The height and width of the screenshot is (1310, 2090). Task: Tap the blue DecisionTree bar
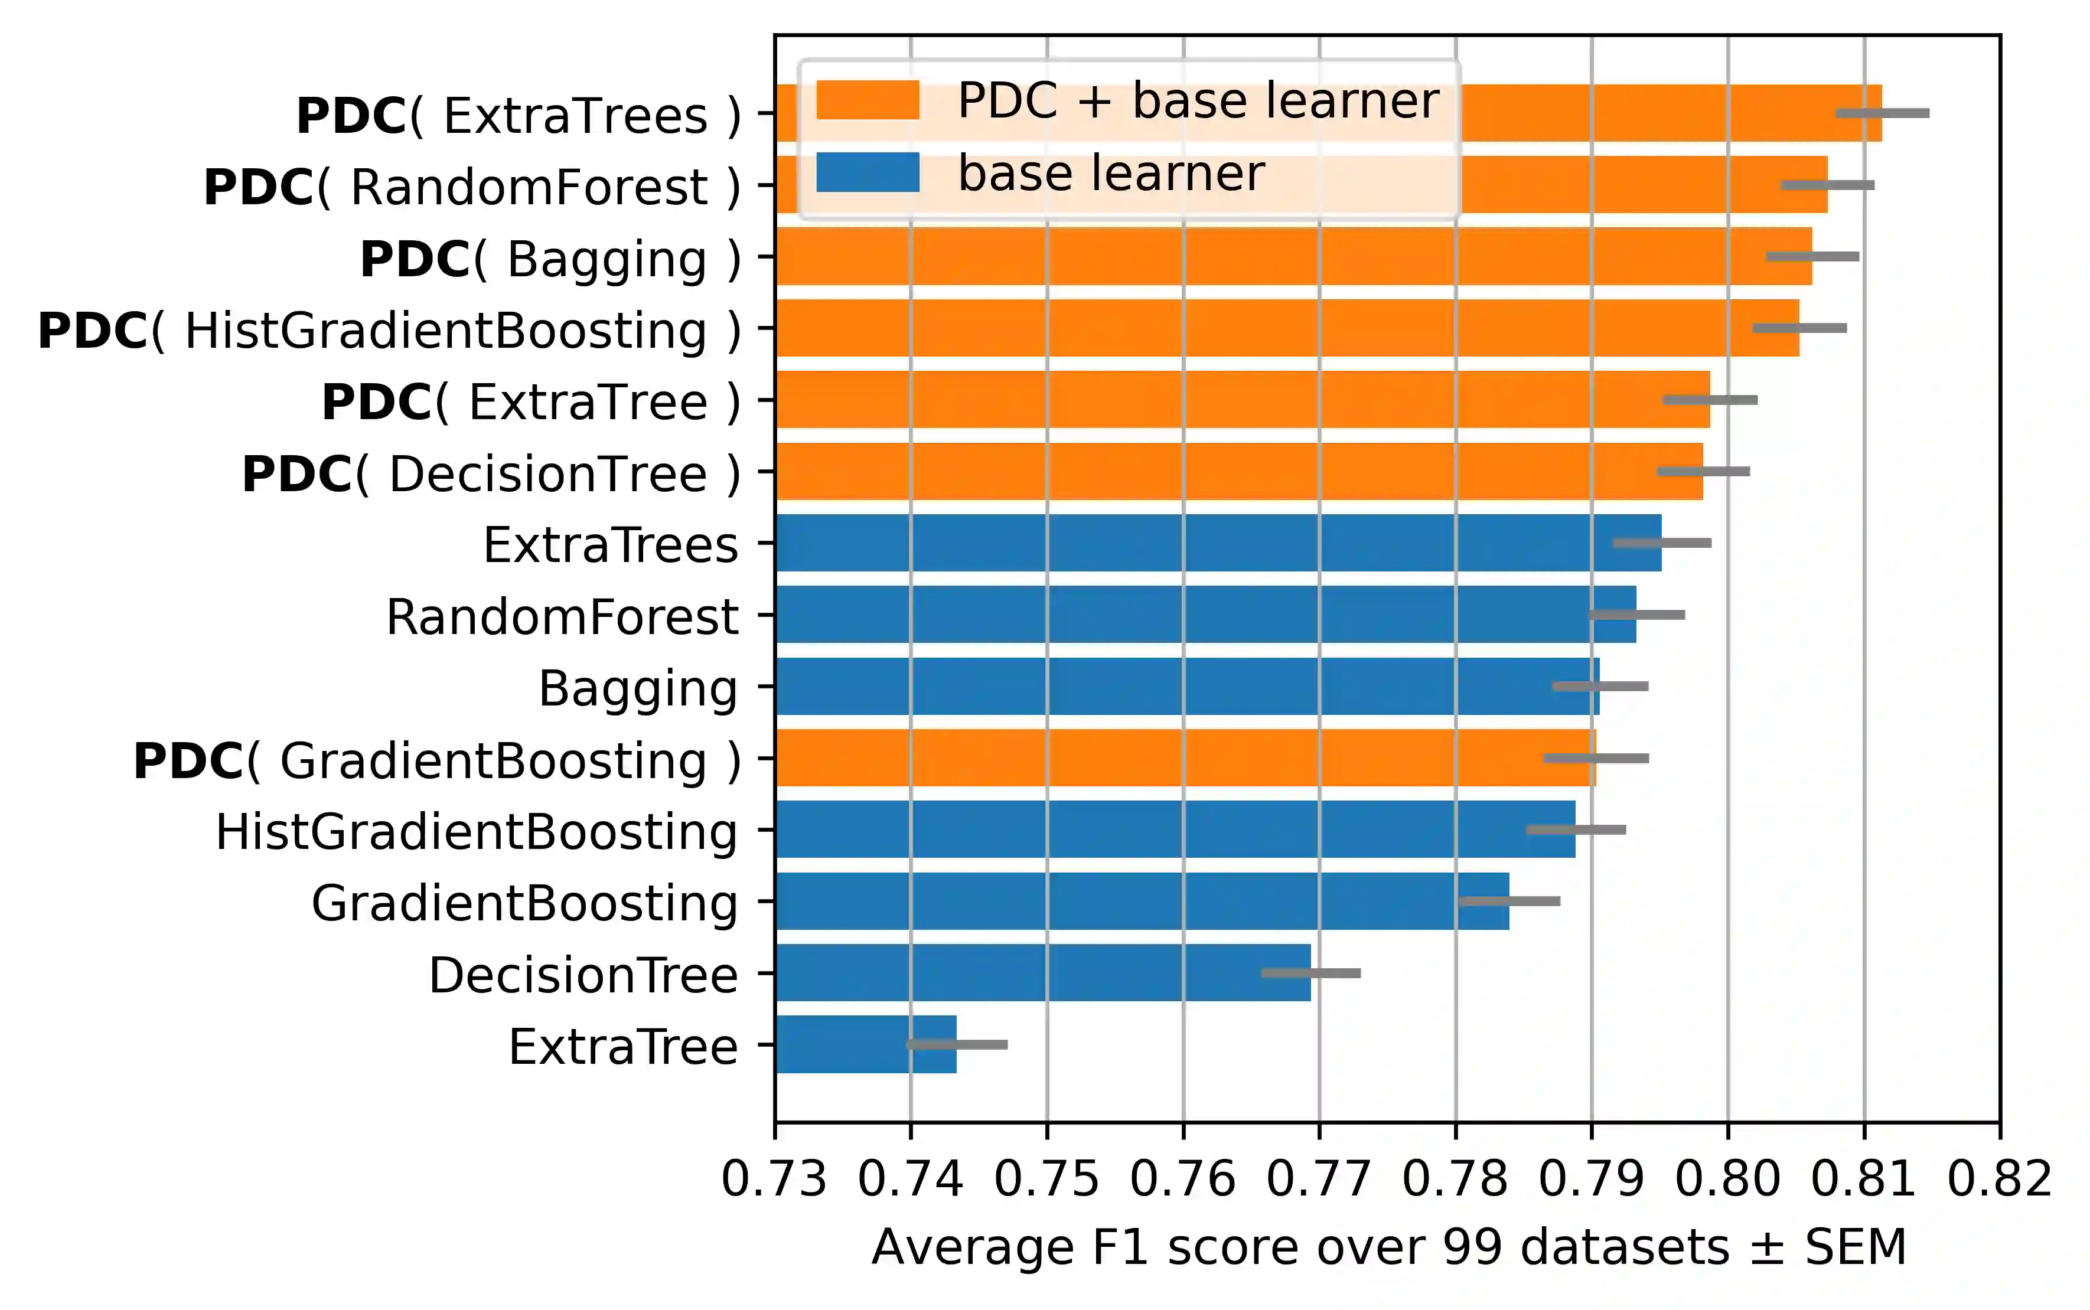point(1040,972)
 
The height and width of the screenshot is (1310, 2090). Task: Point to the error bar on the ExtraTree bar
point(957,1044)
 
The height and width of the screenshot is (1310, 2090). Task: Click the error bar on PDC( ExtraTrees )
point(1882,113)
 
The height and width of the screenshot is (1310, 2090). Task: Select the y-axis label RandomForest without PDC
point(562,617)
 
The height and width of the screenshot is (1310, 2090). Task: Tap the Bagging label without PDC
point(638,689)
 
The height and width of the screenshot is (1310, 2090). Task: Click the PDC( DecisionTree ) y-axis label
point(490,474)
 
